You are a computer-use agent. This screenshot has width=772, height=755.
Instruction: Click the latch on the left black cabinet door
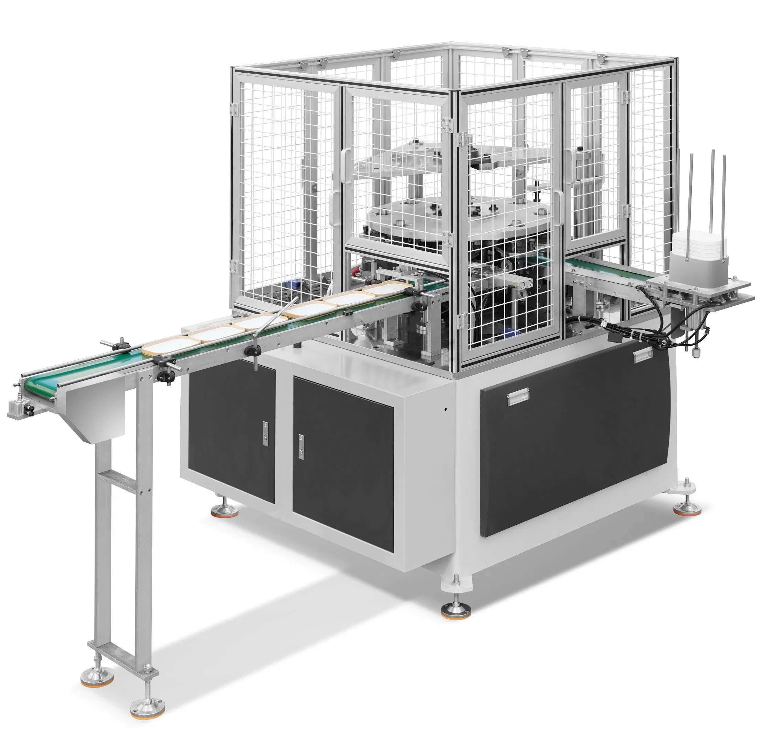click(265, 434)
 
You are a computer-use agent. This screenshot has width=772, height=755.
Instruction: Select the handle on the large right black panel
click(519, 397)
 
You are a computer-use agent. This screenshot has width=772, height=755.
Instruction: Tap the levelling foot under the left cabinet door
click(225, 511)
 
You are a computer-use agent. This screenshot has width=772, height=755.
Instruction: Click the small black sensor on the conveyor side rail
click(348, 313)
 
